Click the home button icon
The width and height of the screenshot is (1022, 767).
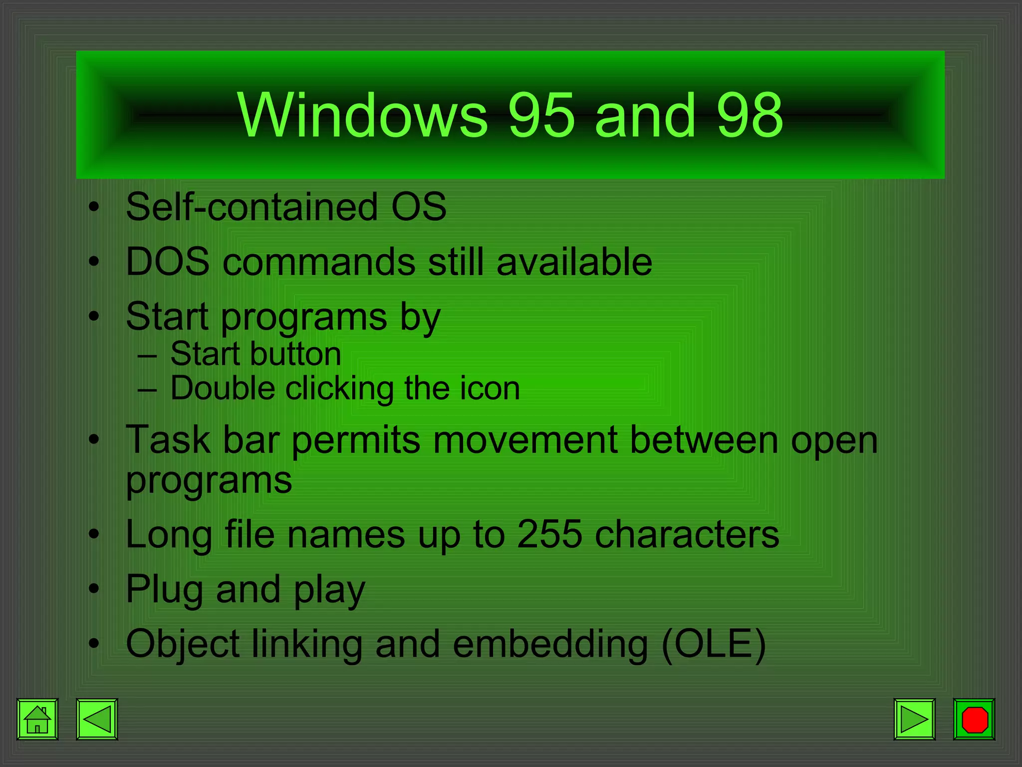[x=37, y=719]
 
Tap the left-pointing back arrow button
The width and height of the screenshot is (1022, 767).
[x=97, y=719]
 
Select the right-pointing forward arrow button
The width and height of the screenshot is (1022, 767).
[x=914, y=719]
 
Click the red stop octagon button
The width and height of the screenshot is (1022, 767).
[x=974, y=719]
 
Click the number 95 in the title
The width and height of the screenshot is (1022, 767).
[x=541, y=116]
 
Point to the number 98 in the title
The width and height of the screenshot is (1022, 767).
[x=750, y=116]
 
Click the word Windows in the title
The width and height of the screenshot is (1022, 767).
[x=362, y=116]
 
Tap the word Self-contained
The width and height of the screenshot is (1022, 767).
[x=252, y=207]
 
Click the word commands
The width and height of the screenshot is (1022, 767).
[x=319, y=262]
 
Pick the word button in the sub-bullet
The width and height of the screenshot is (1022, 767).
[x=295, y=354]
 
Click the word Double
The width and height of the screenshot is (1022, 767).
[x=223, y=388]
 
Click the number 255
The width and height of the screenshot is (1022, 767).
[x=549, y=534]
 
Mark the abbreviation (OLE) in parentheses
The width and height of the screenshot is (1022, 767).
[x=714, y=644]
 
